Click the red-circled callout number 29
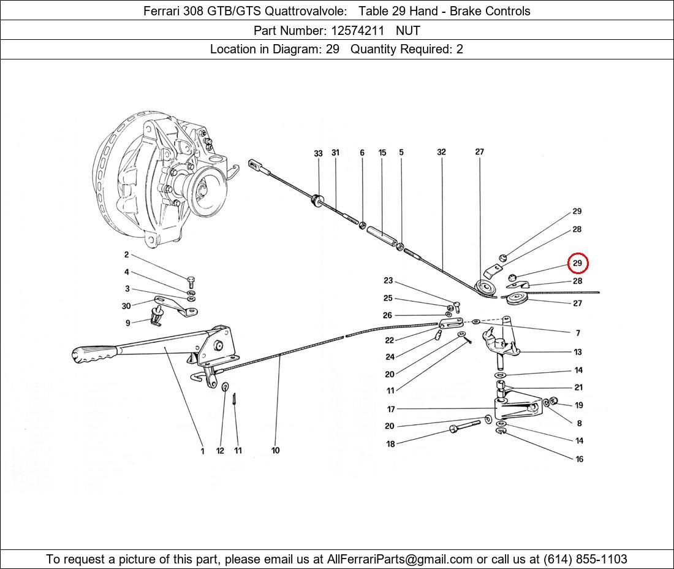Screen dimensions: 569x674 tap(577, 263)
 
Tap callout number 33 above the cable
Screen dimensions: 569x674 tap(318, 153)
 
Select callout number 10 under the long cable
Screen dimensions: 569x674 tap(276, 451)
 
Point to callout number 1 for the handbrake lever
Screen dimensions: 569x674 tap(202, 451)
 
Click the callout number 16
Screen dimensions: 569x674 tap(579, 459)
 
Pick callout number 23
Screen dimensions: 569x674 tap(388, 281)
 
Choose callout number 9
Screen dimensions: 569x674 tap(128, 323)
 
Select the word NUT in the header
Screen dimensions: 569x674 tap(408, 30)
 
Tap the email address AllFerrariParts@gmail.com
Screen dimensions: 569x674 tap(399, 559)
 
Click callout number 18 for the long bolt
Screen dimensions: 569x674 tap(390, 444)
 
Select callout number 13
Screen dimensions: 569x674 tap(578, 352)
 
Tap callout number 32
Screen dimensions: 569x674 tap(441, 152)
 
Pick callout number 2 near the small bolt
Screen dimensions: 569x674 tap(126, 255)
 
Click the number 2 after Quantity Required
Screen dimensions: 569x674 tap(460, 49)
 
